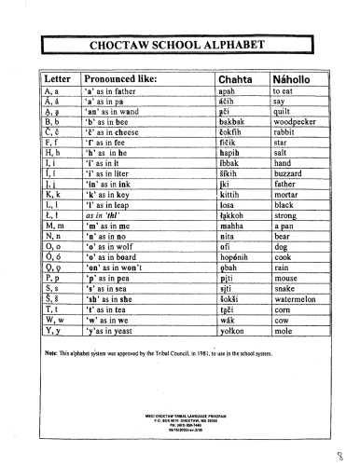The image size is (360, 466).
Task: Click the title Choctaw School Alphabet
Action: [180, 43]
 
